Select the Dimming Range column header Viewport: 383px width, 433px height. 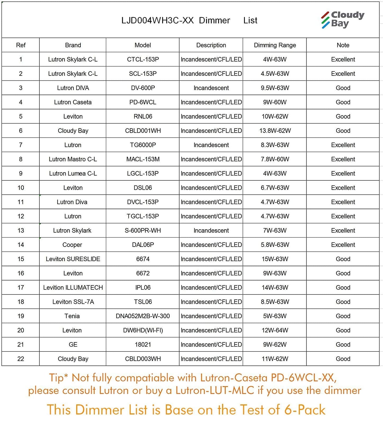pos(275,45)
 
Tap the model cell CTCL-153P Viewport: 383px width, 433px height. pos(143,59)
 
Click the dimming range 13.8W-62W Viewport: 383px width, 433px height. pos(275,131)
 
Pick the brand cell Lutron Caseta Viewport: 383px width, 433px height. pos(73,102)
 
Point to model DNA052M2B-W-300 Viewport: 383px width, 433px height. pos(143,316)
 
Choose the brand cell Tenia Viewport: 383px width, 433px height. pos(72,316)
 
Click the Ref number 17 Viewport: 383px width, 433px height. pos(21,288)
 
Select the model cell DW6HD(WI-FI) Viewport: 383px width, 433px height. pos(143,330)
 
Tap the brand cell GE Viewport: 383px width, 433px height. pos(73,345)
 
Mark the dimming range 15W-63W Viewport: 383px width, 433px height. pos(275,259)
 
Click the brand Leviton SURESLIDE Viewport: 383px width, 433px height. pos(73,259)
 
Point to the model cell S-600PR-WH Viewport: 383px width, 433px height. pos(143,230)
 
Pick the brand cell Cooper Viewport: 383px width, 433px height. pos(72,245)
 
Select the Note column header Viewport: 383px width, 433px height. pos(343,45)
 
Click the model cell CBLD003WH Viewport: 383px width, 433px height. pos(143,359)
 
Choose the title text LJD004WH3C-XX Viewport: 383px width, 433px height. pos(157,21)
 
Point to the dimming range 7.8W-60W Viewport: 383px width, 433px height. pos(275,159)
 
